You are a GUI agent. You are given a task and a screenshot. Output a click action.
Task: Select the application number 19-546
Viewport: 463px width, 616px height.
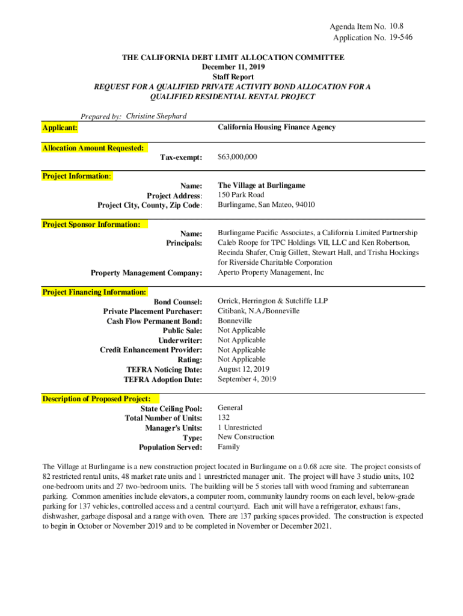tap(400, 38)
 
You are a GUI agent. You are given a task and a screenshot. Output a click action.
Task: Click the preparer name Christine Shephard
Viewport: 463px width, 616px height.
tap(156, 116)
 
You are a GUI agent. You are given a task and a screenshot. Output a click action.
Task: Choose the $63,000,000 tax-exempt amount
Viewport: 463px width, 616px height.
tap(238, 157)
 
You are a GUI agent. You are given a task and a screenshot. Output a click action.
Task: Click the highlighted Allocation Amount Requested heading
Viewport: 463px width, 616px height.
tap(93, 147)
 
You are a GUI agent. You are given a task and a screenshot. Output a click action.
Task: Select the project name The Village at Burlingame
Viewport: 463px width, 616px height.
tap(262, 185)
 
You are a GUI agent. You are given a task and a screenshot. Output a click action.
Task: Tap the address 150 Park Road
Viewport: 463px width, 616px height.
tap(241, 195)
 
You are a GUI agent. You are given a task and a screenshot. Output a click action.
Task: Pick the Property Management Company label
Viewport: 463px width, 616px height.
tap(146, 273)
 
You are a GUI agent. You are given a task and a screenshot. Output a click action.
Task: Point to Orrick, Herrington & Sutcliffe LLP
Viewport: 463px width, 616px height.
tap(273, 301)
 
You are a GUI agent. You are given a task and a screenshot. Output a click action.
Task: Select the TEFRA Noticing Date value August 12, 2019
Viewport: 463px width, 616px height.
tap(244, 369)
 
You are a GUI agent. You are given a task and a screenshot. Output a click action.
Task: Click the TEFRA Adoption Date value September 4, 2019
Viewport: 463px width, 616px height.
tap(247, 379)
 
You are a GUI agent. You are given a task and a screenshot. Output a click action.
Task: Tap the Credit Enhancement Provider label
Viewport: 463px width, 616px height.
tap(151, 350)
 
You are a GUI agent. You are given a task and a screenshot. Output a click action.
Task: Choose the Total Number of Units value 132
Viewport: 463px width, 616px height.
tap(224, 417)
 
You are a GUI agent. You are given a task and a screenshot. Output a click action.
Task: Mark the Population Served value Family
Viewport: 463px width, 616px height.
tap(228, 447)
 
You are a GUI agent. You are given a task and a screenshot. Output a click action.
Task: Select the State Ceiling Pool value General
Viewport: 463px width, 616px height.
tap(230, 408)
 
